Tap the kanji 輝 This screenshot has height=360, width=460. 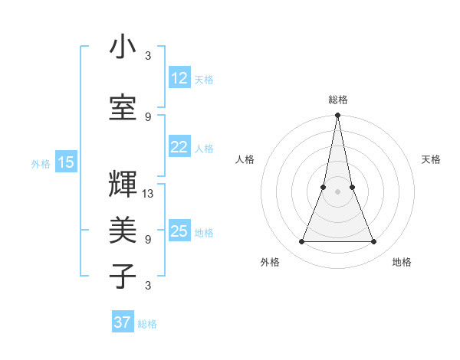point(123,185)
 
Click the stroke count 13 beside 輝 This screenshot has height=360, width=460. point(148,193)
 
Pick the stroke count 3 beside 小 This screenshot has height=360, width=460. point(148,56)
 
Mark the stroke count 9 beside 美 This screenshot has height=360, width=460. point(148,239)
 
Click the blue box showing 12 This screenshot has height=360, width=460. point(179,77)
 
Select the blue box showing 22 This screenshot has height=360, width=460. point(179,147)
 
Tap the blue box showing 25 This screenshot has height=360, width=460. point(179,231)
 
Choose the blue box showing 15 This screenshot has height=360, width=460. point(66,162)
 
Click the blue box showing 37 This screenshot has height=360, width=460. point(123,322)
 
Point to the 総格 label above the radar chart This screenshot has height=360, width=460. point(338,100)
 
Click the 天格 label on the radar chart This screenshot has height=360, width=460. point(431,159)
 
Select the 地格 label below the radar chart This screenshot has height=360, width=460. point(402,263)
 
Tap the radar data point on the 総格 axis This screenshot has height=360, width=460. point(337,116)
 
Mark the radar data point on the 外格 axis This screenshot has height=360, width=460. point(301,242)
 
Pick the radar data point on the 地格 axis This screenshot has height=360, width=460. point(374,242)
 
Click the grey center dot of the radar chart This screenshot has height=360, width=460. point(337,191)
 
